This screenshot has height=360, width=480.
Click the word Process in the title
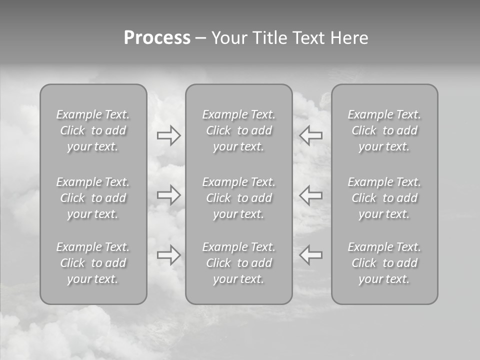[x=157, y=38]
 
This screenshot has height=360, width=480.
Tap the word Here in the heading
[x=349, y=38]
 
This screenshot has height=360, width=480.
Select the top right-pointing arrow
[x=169, y=135]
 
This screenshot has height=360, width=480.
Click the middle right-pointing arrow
[x=169, y=194]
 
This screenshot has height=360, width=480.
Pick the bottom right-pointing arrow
[x=169, y=255]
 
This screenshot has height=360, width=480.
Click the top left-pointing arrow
[x=311, y=135]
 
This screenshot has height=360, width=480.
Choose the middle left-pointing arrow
[x=311, y=194]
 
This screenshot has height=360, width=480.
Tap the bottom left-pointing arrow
[x=311, y=255]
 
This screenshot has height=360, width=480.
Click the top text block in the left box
[x=93, y=130]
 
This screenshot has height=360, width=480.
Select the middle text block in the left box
[x=93, y=198]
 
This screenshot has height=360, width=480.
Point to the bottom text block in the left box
[x=93, y=263]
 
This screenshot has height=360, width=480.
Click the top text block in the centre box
[x=239, y=130]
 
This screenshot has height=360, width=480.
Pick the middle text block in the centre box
[x=239, y=198]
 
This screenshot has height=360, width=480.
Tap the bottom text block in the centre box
[x=239, y=263]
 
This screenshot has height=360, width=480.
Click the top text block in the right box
[x=384, y=130]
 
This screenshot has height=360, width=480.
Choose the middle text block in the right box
[x=384, y=198]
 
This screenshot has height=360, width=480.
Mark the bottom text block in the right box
[x=384, y=263]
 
